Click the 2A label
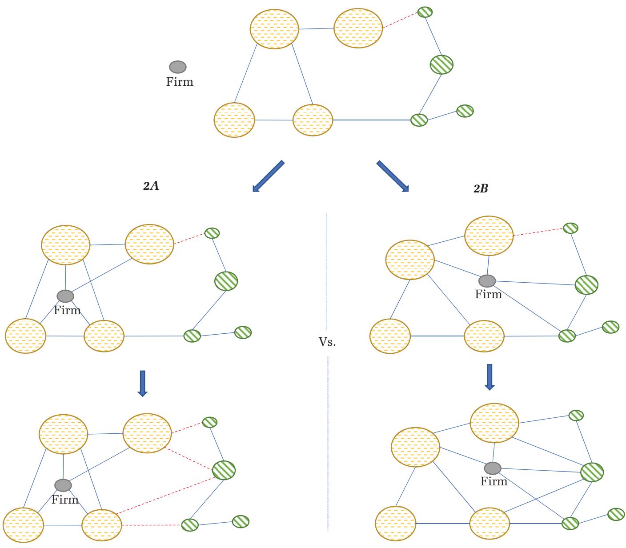[151, 187]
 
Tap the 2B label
[480, 189]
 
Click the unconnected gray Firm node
[178, 67]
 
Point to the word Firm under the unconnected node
[180, 82]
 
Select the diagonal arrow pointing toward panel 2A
[268, 176]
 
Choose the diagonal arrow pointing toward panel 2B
[393, 176]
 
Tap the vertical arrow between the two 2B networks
[490, 377]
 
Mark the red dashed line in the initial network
[400, 20]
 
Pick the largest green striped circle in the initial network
[441, 64]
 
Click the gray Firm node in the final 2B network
[492, 468]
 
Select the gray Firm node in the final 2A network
[63, 485]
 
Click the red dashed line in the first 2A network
[189, 238]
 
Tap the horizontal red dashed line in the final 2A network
[151, 525]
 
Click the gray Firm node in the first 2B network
[487, 281]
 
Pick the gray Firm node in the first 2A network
[65, 296]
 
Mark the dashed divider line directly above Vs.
[327, 271]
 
